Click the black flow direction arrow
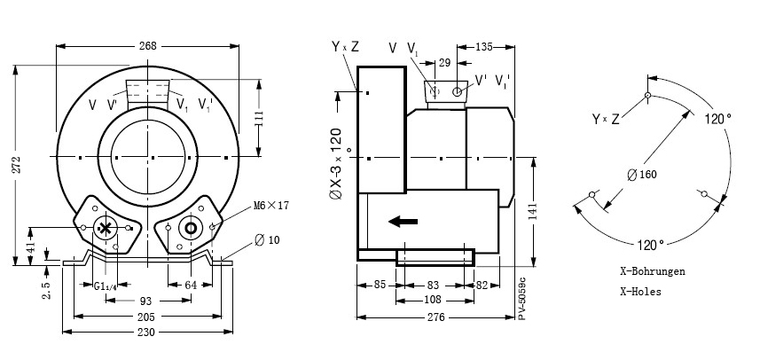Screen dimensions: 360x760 (x=404, y=221)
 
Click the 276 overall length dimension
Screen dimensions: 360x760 (x=434, y=317)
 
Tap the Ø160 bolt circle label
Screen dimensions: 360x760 (x=643, y=175)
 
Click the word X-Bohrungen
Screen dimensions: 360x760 (x=652, y=271)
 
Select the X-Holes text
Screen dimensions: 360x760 (x=640, y=291)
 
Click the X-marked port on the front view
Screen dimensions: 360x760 (x=106, y=228)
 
